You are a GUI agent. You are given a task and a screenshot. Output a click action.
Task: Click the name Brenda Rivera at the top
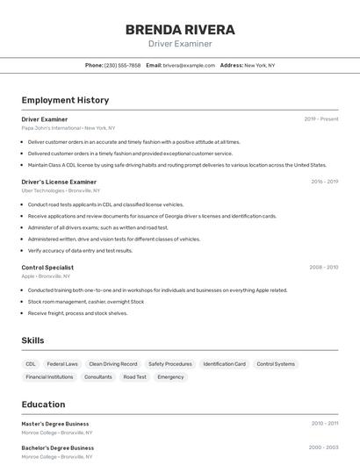tap(179, 29)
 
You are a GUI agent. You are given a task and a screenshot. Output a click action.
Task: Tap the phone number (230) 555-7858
tap(122, 65)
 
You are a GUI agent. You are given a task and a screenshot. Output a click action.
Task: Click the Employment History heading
tap(65, 100)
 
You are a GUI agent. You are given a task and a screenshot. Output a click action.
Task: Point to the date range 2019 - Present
tap(321, 119)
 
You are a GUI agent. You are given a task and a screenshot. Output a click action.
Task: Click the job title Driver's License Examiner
tap(59, 182)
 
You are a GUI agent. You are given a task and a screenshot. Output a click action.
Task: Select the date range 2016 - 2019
tap(324, 182)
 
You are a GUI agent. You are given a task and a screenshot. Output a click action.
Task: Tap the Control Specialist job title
tap(47, 268)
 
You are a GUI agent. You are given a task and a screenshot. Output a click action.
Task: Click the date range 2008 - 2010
tap(324, 268)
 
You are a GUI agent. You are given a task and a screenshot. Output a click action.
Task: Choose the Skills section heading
tap(32, 340)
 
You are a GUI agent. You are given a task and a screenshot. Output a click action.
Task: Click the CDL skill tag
tap(31, 363)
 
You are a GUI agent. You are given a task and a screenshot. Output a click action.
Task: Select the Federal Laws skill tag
tap(62, 363)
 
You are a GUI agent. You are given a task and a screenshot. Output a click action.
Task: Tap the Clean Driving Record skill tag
tap(113, 363)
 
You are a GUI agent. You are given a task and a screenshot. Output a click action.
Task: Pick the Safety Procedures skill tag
tap(170, 363)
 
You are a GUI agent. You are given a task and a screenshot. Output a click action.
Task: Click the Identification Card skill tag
tap(225, 363)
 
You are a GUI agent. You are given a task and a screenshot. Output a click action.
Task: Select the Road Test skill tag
tap(135, 377)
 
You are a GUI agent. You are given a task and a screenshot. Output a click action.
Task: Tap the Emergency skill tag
tap(170, 377)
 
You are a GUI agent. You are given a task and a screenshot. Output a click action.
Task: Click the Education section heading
tap(43, 404)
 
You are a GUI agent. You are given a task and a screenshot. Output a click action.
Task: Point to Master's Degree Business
tap(55, 424)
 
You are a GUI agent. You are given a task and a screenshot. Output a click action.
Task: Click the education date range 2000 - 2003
tap(324, 447)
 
